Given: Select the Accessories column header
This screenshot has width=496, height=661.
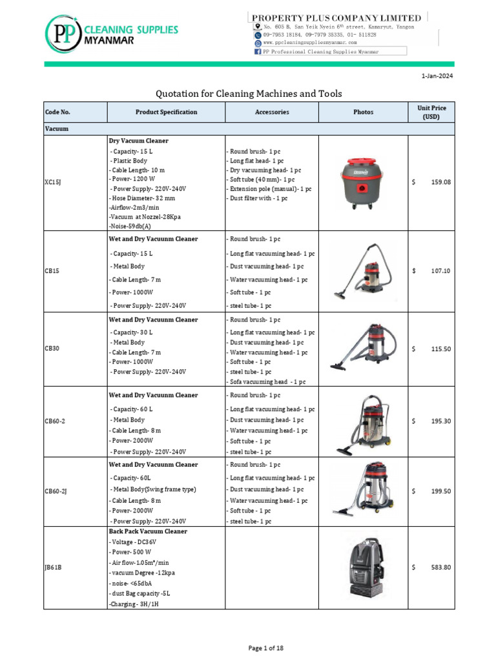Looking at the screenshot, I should pyautogui.click(x=272, y=112).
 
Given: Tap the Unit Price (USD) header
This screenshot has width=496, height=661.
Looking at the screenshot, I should pyautogui.click(x=431, y=112).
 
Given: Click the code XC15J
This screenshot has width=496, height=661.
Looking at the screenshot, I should pyautogui.click(x=53, y=183).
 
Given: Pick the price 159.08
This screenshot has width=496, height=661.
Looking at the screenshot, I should pyautogui.click(x=440, y=183).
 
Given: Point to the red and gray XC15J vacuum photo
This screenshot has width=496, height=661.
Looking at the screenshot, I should pyautogui.click(x=362, y=183).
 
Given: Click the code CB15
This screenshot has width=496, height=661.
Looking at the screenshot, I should pyautogui.click(x=52, y=271).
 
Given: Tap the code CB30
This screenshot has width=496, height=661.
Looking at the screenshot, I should pyautogui.click(x=52, y=349).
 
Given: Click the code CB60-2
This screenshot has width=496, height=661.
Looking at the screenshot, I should pyautogui.click(x=55, y=421).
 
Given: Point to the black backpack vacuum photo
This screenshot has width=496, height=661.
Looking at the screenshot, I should pyautogui.click(x=362, y=567).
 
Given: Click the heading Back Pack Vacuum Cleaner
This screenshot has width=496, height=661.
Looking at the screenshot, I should pyautogui.click(x=148, y=531).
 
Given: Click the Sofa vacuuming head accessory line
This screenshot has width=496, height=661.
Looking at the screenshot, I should pyautogui.click(x=267, y=381).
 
